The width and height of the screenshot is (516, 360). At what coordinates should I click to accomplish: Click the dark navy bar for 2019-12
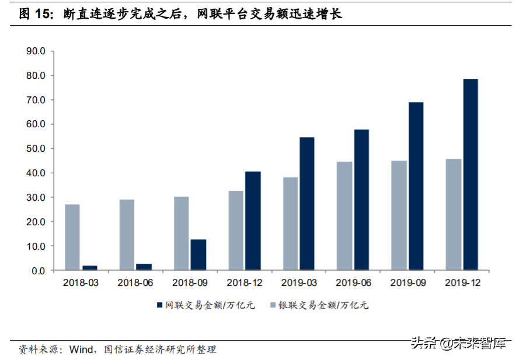click(x=470, y=174)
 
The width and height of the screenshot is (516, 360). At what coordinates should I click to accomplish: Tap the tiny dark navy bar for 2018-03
click(x=90, y=268)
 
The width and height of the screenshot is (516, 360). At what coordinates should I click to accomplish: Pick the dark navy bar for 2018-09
click(x=198, y=255)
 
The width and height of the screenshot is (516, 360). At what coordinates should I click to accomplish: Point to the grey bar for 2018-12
click(x=236, y=230)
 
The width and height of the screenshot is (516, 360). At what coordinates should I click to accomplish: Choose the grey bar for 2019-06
click(x=345, y=216)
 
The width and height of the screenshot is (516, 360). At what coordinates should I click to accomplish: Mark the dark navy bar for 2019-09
click(x=416, y=186)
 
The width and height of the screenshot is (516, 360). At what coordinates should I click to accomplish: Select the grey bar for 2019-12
click(x=454, y=215)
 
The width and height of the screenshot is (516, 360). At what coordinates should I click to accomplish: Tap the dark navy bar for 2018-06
click(x=144, y=267)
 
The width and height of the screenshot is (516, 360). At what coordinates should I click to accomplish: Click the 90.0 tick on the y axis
click(x=36, y=51)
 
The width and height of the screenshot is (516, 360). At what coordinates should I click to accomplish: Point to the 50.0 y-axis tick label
click(x=36, y=149)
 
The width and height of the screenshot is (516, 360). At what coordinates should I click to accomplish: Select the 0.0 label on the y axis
click(x=38, y=271)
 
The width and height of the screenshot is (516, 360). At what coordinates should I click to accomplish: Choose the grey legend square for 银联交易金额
click(x=273, y=305)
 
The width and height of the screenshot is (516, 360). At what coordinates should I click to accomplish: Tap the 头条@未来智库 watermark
click(x=458, y=343)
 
